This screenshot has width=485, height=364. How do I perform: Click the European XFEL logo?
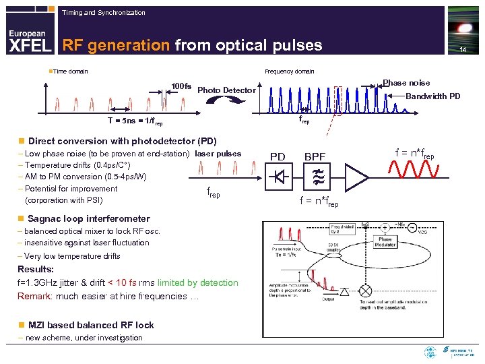(28, 40)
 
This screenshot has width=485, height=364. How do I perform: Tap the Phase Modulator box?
(385, 243)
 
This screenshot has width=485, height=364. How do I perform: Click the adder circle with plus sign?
(385, 228)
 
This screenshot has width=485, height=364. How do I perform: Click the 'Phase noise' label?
(406, 83)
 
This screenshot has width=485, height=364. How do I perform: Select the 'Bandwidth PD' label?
(433, 96)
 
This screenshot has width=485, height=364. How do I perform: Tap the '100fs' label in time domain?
(181, 86)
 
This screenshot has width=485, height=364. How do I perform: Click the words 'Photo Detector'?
(227, 90)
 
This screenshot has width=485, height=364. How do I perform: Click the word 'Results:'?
(36, 270)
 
